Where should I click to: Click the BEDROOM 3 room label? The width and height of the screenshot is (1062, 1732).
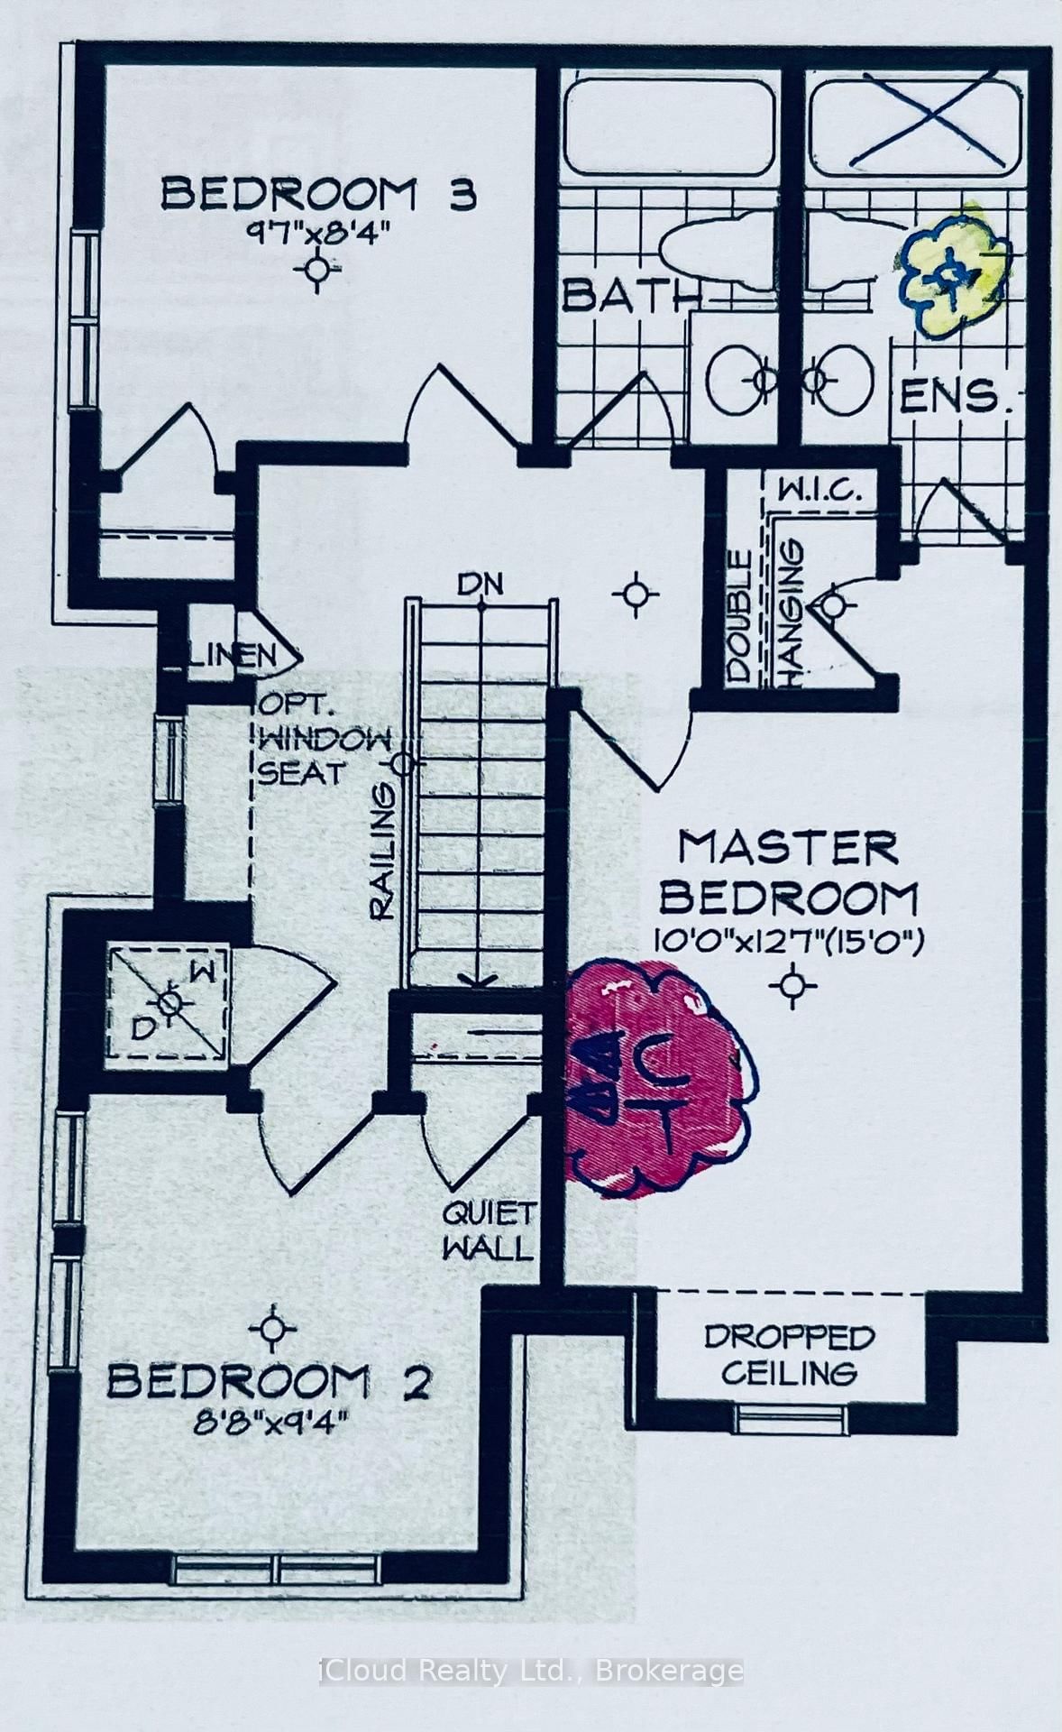[x=317, y=194]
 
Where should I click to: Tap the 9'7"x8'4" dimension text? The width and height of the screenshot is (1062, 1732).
[x=317, y=231]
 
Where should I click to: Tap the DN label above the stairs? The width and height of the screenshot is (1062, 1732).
[x=481, y=585]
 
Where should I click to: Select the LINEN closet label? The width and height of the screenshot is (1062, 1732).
[x=233, y=654]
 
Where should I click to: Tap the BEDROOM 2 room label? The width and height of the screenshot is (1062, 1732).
[x=269, y=1382]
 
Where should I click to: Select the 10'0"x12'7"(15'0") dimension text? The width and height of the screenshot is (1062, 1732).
[x=790, y=943]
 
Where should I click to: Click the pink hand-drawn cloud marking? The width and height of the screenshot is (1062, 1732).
[x=658, y=1078]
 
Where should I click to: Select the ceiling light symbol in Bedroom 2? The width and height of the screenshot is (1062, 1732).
[x=272, y=1329]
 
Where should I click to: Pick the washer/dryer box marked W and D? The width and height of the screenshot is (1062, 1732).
[x=169, y=1003]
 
